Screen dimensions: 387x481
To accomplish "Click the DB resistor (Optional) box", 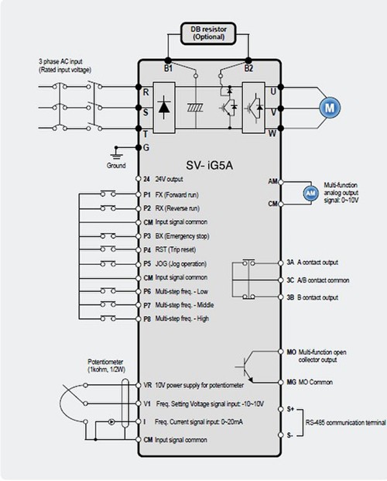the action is pos(208,33).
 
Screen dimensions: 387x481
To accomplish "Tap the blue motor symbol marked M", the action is pos(330,108).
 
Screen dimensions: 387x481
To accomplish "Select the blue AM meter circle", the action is pos(311,193).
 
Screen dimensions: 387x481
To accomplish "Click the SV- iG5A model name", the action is pos(210,165).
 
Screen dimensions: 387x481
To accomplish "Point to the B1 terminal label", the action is pos(168,68).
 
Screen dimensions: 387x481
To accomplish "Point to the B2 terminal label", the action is pos(248,68).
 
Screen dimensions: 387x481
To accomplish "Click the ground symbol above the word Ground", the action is pos(116,153).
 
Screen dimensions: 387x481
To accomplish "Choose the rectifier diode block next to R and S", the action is pos(164,108).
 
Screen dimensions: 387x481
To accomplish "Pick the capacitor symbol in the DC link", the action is pos(196,108).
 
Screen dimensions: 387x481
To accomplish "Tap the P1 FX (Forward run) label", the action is pos(171,194).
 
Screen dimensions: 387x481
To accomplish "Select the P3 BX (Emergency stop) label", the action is pos(176,236).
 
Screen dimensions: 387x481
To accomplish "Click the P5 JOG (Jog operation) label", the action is pos(175,264).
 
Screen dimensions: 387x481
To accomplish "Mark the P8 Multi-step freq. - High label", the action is pos(176,318).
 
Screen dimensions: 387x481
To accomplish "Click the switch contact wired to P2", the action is pos(108,208).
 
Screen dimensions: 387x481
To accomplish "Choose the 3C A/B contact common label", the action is pos(317,280).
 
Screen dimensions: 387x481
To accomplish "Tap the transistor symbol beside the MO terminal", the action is pos(245,367).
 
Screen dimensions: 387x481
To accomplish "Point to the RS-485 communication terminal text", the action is pos(346,423).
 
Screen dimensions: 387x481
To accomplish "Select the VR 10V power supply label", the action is pos(193,385).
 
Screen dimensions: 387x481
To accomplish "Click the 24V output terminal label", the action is pos(163,179).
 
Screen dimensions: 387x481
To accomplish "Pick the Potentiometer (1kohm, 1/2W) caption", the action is pos(106,366).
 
